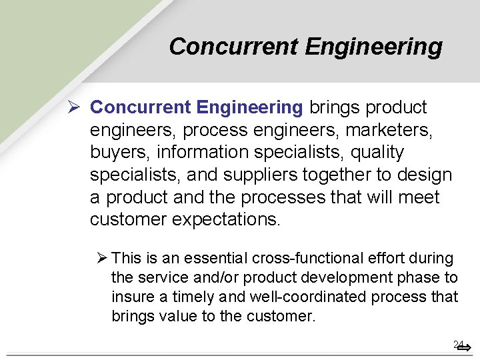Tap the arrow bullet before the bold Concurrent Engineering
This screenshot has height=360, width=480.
[x=74, y=107]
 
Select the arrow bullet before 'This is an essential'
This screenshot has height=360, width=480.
[x=102, y=258]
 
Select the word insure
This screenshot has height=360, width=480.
[x=130, y=297]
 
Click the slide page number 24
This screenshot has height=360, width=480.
[x=458, y=345]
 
